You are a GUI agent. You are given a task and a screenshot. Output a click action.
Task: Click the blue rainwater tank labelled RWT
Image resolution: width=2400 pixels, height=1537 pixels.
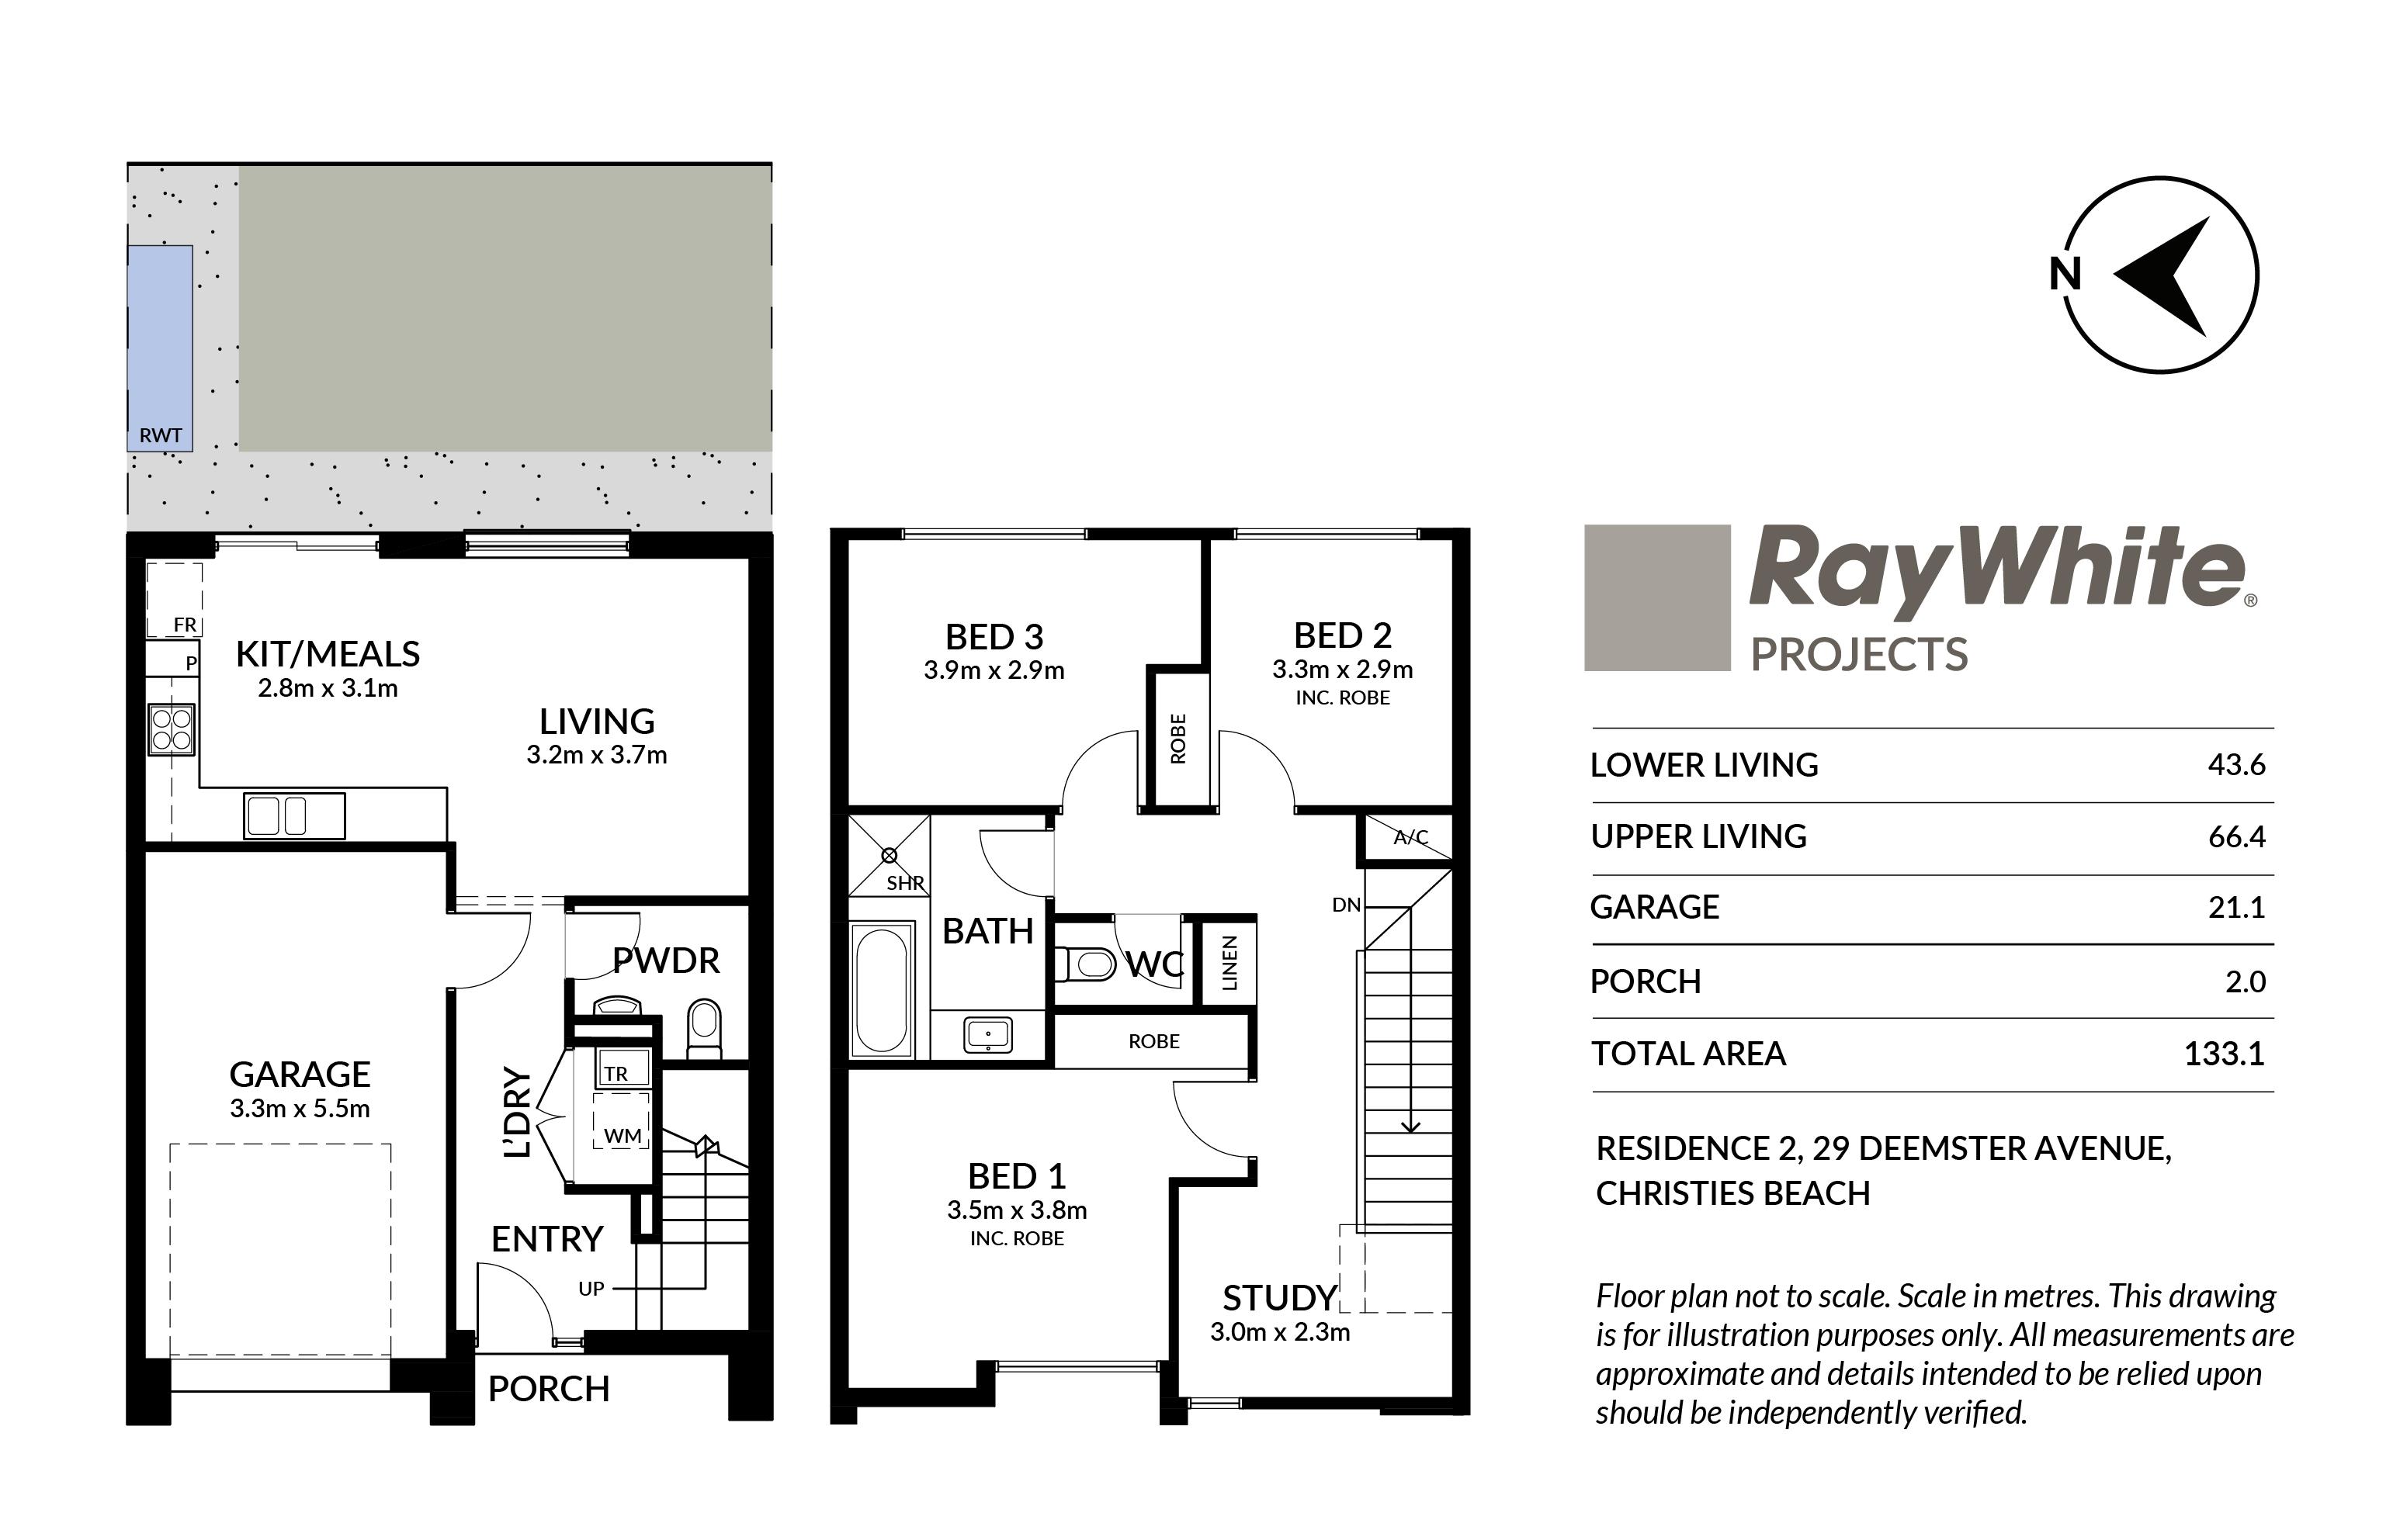[160, 348]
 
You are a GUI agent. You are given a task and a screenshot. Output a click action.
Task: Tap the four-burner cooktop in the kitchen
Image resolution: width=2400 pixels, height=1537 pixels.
[172, 729]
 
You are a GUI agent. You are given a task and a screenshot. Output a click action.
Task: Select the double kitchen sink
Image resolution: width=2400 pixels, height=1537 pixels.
[294, 815]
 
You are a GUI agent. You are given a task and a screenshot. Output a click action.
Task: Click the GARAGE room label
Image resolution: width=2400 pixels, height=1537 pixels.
[300, 1075]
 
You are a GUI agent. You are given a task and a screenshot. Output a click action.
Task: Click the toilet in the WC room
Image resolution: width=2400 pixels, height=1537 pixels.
[1085, 964]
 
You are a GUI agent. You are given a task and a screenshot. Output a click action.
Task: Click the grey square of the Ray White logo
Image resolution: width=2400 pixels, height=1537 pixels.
[1657, 598]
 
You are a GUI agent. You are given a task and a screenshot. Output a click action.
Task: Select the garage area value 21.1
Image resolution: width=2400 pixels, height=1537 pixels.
[2236, 907]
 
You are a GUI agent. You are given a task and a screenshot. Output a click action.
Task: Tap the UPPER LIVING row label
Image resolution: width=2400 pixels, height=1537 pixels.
[1698, 836]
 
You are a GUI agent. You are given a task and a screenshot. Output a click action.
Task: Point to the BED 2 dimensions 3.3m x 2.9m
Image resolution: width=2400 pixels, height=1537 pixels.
[1343, 670]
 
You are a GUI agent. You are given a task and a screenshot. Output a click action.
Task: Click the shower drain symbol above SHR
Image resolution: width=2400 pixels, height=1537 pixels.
[890, 855]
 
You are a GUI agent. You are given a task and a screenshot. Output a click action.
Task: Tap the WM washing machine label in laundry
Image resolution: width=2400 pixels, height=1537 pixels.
[622, 1136]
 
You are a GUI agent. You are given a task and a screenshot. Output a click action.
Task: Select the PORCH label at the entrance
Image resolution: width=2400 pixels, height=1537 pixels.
[549, 1390]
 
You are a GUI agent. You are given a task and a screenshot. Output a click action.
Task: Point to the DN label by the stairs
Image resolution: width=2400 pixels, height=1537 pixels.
[1346, 905]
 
